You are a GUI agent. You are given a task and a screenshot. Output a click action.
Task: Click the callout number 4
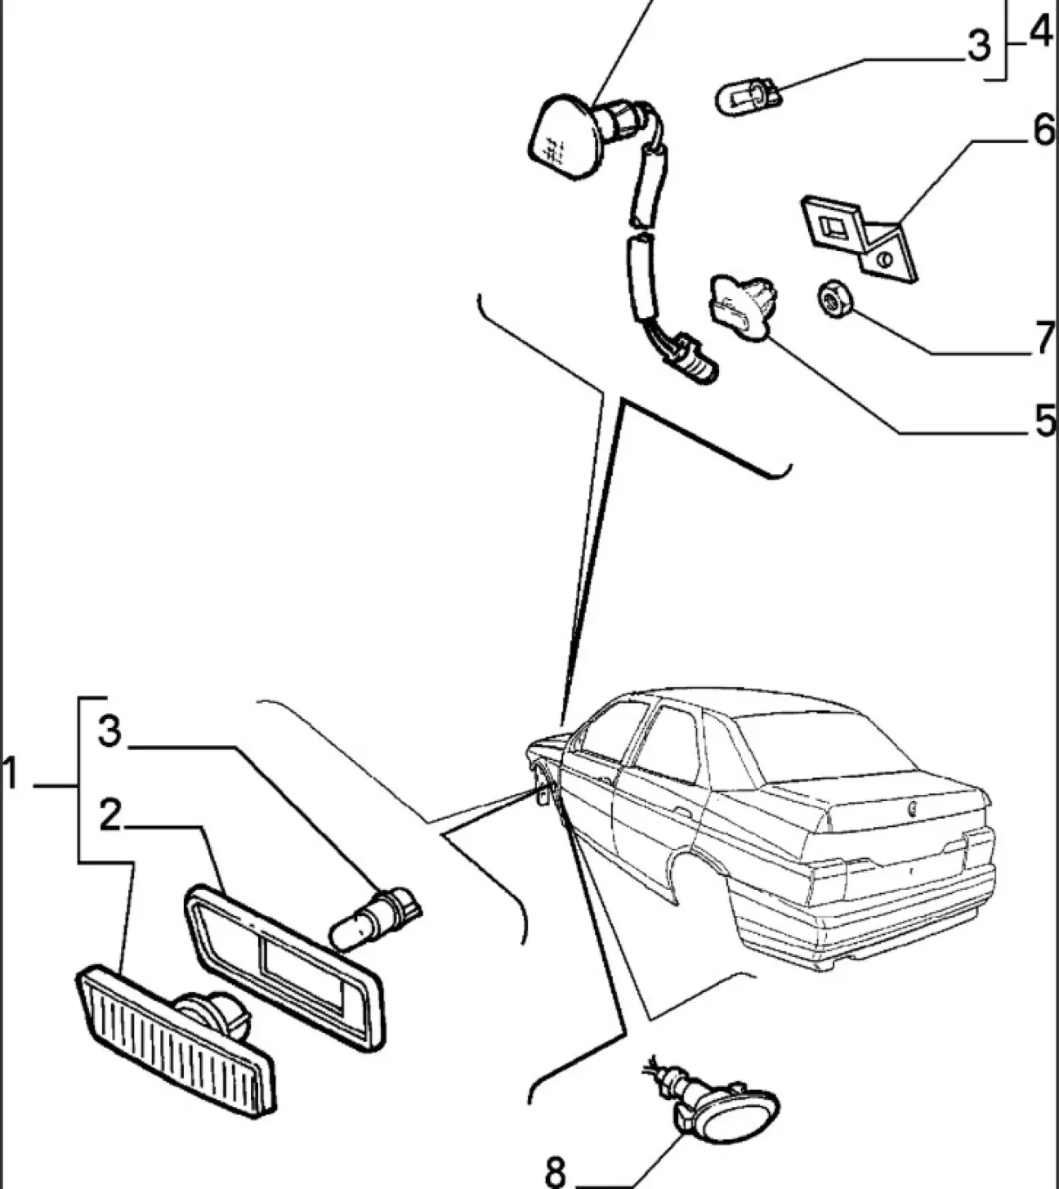coord(1039,34)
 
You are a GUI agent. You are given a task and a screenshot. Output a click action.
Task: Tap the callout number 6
coord(1043,131)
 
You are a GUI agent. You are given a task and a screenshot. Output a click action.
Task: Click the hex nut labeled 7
coord(834,299)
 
